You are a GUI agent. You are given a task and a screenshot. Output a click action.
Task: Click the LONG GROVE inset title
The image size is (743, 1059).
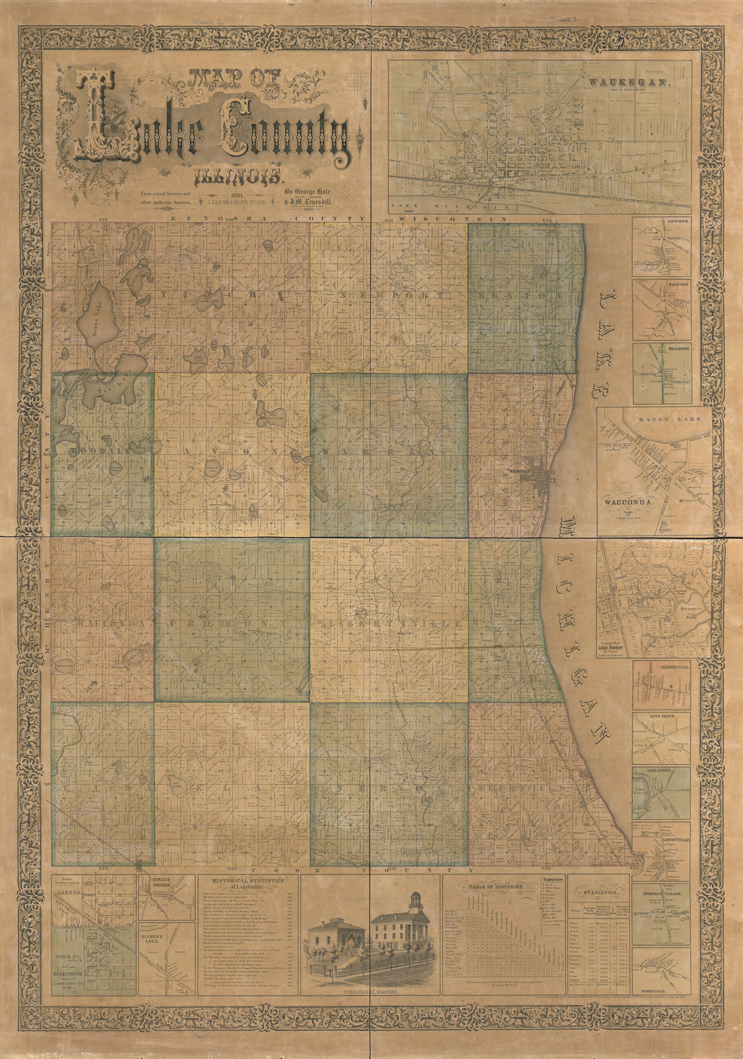pyautogui.click(x=661, y=717)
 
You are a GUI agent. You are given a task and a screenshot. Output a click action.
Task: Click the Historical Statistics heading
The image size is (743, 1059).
pyautogui.click(x=247, y=883)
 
